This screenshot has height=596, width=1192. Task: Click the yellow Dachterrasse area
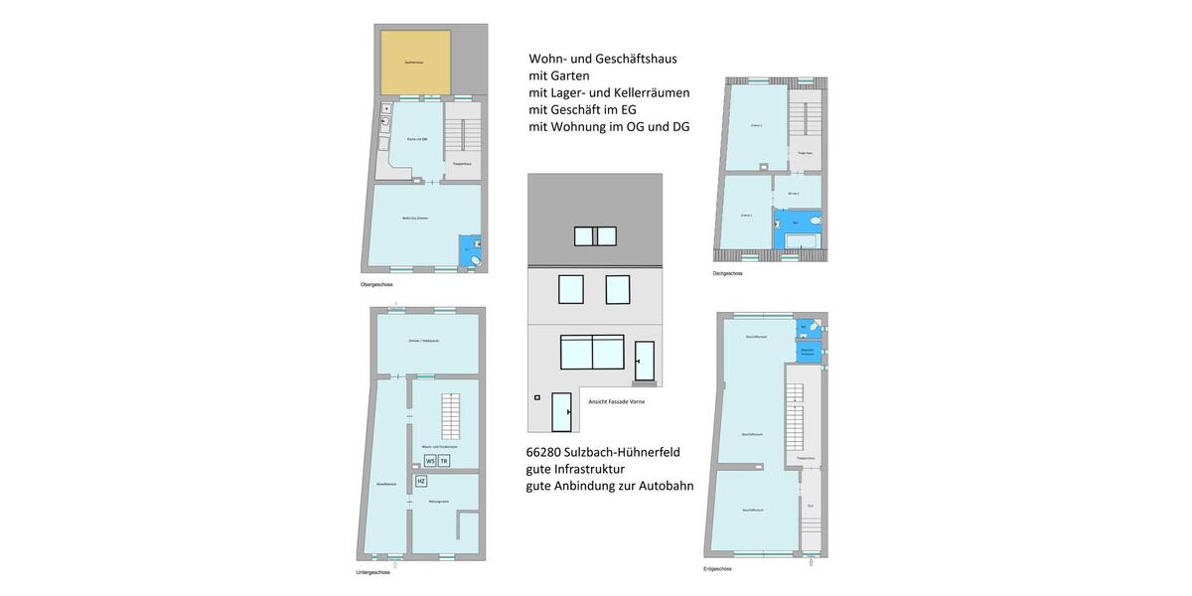(415, 62)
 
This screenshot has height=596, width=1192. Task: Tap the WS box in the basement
(430, 461)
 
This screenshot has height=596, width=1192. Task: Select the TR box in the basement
(444, 461)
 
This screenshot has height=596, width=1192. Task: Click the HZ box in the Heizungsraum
(421, 482)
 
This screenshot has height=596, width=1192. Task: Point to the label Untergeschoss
(373, 572)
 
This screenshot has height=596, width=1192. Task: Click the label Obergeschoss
(376, 285)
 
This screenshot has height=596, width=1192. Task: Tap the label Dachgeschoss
(727, 273)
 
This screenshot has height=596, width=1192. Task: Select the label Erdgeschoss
(717, 569)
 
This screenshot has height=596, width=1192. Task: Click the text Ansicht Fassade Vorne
(616, 401)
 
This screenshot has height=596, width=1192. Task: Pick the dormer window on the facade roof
(595, 236)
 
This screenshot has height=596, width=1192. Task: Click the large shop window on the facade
(592, 353)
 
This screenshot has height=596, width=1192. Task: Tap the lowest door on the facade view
(561, 412)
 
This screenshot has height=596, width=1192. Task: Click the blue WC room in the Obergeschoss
(469, 251)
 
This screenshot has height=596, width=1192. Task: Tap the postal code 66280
(549, 452)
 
